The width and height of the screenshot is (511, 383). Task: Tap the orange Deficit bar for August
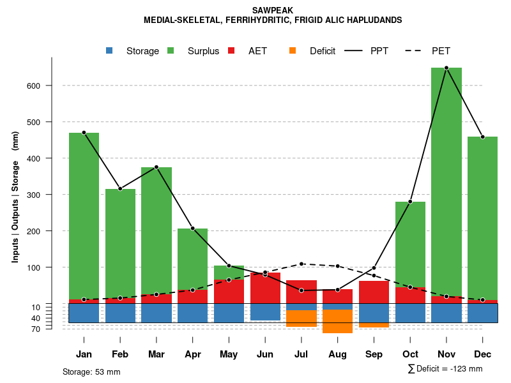pyautogui.click(x=337, y=321)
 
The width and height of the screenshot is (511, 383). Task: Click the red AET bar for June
pyautogui.click(x=265, y=288)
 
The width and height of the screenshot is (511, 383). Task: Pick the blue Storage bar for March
pyautogui.click(x=156, y=313)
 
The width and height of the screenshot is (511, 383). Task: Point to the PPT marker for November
pyautogui.click(x=446, y=68)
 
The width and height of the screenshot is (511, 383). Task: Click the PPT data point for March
pyautogui.click(x=156, y=167)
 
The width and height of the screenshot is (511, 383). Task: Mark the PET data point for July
pyautogui.click(x=301, y=264)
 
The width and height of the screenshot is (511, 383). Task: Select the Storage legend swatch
pyautogui.click(x=111, y=51)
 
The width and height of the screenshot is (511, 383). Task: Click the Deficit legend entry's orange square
pyautogui.click(x=293, y=51)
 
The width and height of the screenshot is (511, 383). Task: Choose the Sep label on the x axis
pyautogui.click(x=374, y=354)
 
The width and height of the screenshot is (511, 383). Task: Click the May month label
pyautogui.click(x=229, y=354)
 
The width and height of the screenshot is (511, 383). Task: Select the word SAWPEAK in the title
pyautogui.click(x=273, y=10)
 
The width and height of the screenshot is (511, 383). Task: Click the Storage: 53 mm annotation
pyautogui.click(x=91, y=372)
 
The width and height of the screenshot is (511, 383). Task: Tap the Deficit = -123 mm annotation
pyautogui.click(x=445, y=368)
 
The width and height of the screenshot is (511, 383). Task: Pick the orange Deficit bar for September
pyautogui.click(x=374, y=325)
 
